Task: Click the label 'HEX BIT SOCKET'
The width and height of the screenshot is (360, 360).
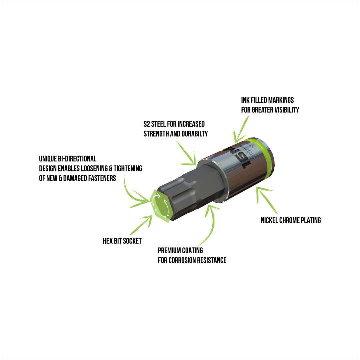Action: pos(122,241)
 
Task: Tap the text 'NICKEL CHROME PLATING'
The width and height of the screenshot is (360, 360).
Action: pos(291,220)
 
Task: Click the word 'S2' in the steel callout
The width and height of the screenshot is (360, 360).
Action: pos(147,124)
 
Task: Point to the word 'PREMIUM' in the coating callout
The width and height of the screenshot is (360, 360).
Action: pos(169,250)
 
